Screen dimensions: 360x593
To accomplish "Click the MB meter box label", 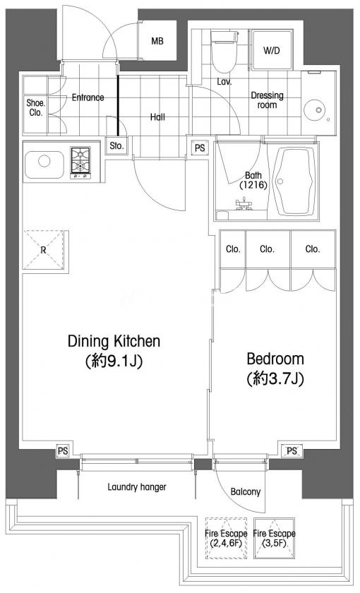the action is coord(157,41).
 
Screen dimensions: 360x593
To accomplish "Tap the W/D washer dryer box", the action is coord(272,50).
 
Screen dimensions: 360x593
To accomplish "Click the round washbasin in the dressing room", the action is coord(315,110).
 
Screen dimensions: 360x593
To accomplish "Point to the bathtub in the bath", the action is coord(294,181).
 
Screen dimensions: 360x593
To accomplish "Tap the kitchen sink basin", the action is coord(44,164).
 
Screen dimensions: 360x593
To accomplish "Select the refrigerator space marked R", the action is coord(44,250).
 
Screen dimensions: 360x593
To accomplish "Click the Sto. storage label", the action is coord(116,145).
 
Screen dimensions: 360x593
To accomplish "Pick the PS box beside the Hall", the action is coord(200,148).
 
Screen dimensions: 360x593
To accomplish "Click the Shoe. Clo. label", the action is coord(36,107).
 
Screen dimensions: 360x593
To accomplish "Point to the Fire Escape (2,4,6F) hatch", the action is coord(226,538).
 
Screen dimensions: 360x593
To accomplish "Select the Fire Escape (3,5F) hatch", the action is coord(274,538).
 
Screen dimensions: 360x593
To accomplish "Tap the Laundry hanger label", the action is coord(137,487).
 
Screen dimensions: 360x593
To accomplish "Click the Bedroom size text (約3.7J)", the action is coord(275,378).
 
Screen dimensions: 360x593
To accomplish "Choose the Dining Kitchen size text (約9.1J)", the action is coord(114,361).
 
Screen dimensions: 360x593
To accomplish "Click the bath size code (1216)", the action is coord(253,185).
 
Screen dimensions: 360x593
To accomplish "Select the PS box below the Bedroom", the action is coord(292,451).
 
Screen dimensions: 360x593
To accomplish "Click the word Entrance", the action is coord(88,97).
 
